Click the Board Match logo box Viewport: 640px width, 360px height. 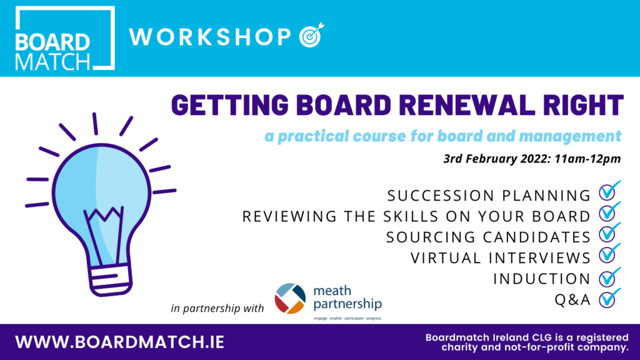(65, 38)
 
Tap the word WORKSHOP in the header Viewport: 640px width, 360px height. (210, 37)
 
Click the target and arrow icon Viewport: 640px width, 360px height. (311, 35)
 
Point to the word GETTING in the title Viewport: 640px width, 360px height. (230, 105)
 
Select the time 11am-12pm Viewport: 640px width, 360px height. (587, 158)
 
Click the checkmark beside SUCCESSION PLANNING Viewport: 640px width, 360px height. (610, 191)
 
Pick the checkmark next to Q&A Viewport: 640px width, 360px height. (610, 297)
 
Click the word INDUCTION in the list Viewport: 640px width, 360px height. (542, 279)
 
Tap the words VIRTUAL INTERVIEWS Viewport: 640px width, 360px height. (501, 258)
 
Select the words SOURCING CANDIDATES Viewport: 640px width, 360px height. (488, 237)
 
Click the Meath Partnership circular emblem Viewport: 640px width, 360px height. (290, 298)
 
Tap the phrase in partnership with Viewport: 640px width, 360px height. (217, 308)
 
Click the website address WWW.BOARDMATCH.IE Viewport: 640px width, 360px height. (119, 342)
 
